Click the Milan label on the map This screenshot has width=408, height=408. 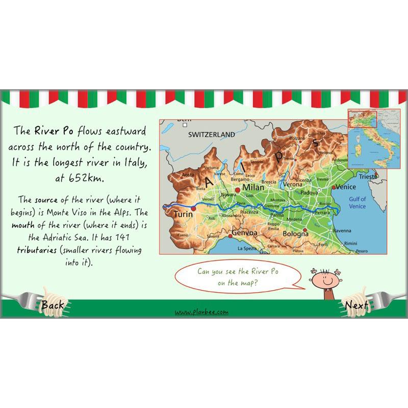253,188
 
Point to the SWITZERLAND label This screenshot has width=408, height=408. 212,135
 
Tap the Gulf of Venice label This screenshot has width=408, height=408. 357,202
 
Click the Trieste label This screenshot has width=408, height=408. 368,176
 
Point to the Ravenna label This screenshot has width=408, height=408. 342,231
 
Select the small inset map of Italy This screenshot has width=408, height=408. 369,138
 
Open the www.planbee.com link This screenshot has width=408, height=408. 201,312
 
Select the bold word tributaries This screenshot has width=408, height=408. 40,251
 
